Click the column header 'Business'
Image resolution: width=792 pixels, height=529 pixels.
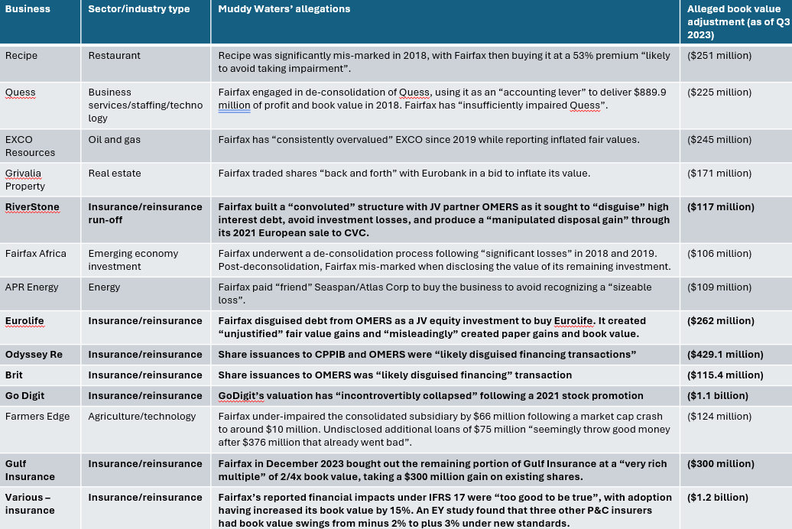28,9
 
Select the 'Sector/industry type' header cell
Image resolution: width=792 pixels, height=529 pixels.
138,9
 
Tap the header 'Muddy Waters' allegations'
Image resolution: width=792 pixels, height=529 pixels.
284,9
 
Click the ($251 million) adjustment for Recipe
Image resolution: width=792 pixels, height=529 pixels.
719,56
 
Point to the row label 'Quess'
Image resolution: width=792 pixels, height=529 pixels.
21,92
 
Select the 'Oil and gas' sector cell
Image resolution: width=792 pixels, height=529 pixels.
115,140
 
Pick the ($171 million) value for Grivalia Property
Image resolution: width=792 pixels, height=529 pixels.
719,174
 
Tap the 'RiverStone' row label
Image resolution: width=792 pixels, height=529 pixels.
32,206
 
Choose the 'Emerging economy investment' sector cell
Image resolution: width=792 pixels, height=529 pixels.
133,260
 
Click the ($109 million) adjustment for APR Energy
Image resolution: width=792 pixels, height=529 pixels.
719,287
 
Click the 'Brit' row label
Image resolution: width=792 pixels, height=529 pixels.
15,375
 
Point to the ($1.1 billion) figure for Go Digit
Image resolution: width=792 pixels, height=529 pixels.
716,396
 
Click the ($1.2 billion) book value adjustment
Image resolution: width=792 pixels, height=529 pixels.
716,498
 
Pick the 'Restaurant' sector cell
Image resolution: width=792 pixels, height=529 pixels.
113,56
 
